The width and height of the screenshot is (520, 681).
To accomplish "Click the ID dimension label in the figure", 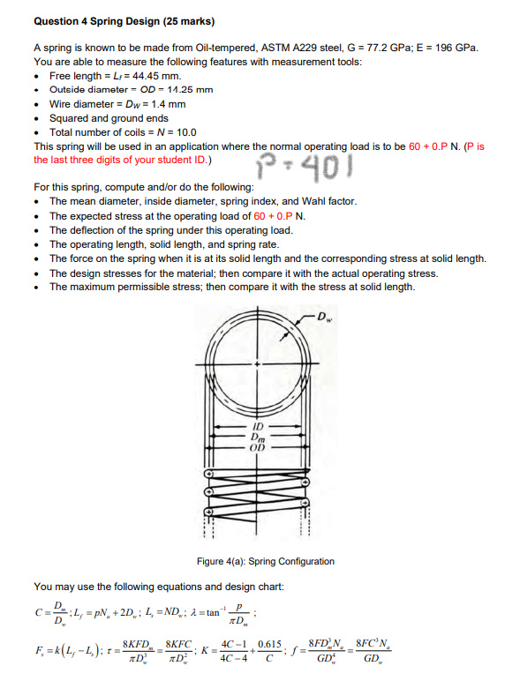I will (x=258, y=426).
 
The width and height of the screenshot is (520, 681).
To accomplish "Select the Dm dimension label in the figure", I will (x=258, y=436).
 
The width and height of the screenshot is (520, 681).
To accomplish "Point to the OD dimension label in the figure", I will (x=258, y=445).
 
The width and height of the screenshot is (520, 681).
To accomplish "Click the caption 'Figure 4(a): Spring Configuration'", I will (x=265, y=561).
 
